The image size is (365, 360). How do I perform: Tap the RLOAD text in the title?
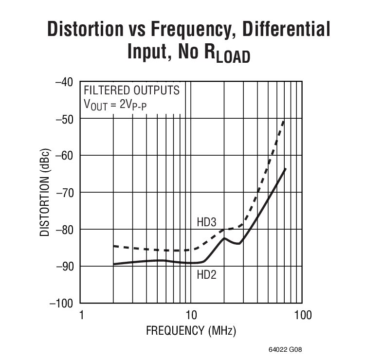pos(228,53)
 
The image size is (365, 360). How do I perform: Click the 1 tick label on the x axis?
pos(81,315)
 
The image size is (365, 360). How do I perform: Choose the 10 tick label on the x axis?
pos(191,315)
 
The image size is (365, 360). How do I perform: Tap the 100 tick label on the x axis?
pos(303,315)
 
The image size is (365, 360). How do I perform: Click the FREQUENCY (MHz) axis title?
pos(191,331)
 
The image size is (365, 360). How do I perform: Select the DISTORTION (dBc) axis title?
pos(44,192)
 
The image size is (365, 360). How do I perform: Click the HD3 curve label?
pos(207,222)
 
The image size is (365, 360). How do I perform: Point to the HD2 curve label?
pos(207,275)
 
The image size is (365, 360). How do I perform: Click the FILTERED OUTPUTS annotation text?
pos(132,90)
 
